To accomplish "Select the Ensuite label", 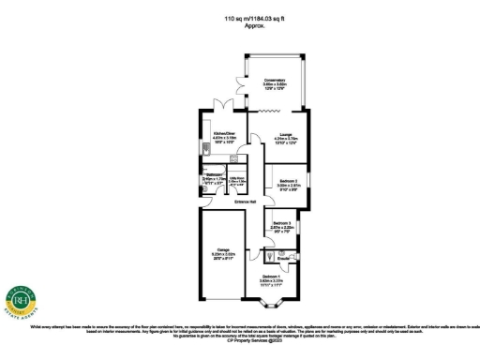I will coord(283,256).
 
